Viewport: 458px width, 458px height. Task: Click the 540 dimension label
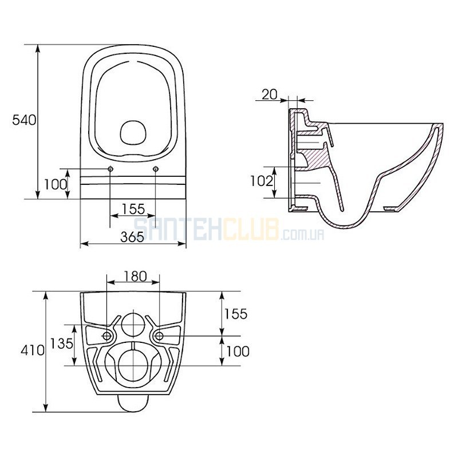pos(24,120)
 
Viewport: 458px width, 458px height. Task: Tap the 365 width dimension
pos(132,236)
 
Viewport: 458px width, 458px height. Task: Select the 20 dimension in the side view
pos(269,94)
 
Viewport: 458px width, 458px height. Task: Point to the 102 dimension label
pos(262,181)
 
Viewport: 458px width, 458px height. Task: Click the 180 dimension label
pos(135,277)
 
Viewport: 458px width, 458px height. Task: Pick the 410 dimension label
pos(33,350)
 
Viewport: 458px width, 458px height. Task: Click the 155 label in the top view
pos(133,209)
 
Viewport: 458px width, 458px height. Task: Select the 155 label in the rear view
pos(235,314)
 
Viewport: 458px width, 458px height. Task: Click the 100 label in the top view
pos(56,184)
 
